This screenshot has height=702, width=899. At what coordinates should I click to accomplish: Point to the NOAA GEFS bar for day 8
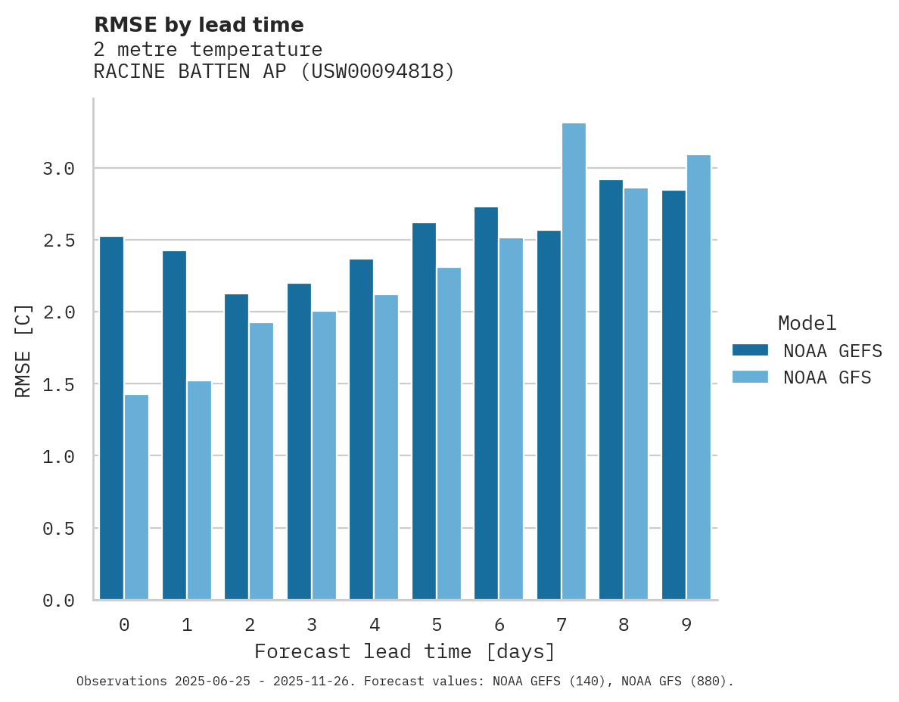(x=611, y=390)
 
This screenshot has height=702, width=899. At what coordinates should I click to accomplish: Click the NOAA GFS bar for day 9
(x=698, y=377)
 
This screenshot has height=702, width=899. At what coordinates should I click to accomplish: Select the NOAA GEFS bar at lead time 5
(x=424, y=412)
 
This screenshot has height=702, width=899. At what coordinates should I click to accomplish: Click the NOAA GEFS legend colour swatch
(x=750, y=350)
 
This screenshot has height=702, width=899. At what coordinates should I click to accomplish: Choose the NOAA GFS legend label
(x=827, y=377)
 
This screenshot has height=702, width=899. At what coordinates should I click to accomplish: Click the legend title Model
(x=807, y=323)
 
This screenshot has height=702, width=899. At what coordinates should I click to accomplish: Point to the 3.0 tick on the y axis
(x=59, y=168)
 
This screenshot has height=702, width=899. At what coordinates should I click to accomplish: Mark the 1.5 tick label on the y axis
(x=59, y=384)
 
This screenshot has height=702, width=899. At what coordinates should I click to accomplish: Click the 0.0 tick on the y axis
(x=59, y=601)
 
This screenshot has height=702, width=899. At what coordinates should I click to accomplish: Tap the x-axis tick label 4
(x=374, y=625)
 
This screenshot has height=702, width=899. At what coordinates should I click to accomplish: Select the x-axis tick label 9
(x=686, y=625)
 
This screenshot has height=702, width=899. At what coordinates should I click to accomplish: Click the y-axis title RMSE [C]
(x=23, y=350)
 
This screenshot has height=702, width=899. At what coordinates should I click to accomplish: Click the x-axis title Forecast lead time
(x=405, y=651)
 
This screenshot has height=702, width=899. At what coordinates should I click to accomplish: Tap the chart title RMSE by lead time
(x=199, y=25)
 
